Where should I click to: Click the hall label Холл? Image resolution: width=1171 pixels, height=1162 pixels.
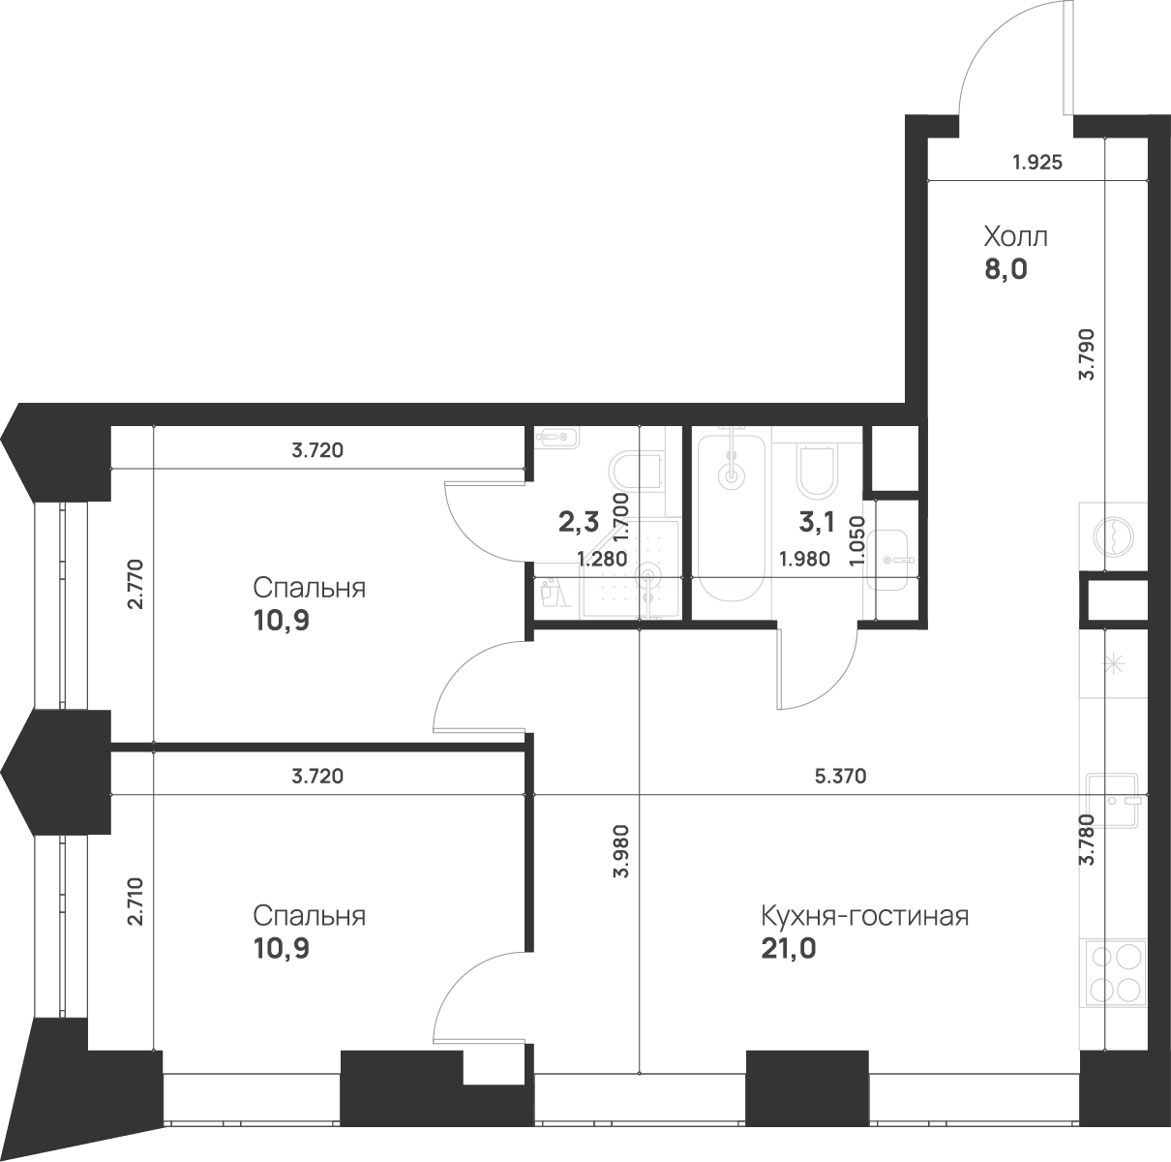1015,237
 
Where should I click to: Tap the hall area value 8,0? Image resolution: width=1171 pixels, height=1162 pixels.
1006,270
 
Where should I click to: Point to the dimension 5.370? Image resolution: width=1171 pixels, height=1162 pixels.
840,776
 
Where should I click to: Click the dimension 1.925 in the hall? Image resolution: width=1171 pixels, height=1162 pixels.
1037,163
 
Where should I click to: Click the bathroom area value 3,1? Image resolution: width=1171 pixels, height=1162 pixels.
817,522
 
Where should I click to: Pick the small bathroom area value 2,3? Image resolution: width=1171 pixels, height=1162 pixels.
579,522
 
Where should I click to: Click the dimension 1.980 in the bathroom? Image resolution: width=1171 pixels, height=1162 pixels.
804,559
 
